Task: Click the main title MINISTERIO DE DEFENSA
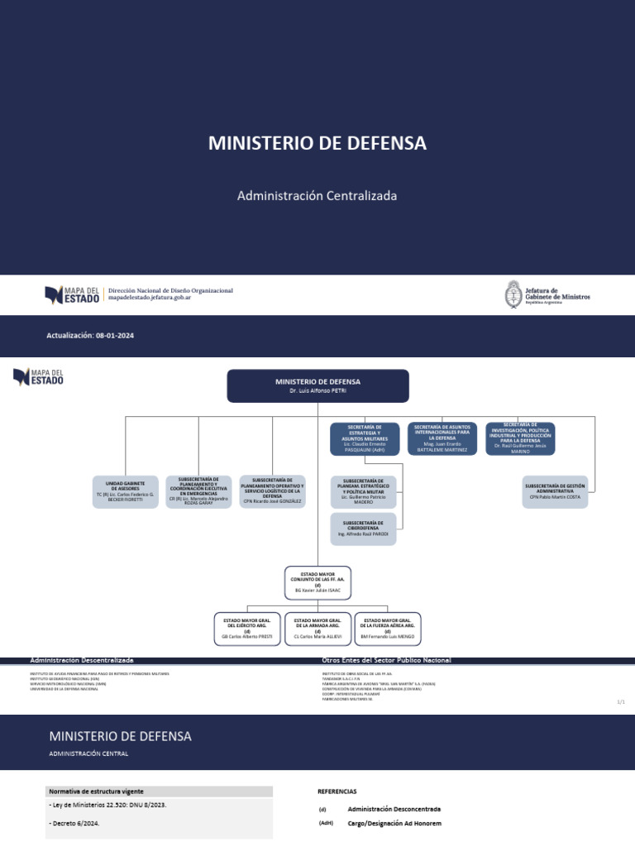point(317,143)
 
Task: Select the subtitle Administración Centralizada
point(317,196)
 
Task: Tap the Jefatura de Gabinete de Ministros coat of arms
point(513,295)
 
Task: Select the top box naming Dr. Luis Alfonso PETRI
point(317,385)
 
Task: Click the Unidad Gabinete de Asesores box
point(125,491)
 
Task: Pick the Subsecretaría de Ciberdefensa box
point(363,529)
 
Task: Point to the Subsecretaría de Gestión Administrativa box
point(556,490)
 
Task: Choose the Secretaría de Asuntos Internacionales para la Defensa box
point(442,438)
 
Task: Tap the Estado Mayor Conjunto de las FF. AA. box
point(317,582)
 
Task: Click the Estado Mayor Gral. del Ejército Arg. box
point(247,629)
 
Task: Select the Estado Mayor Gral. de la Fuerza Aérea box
point(387,629)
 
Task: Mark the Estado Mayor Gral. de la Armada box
point(317,629)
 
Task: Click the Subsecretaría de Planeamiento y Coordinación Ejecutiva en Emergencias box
point(198,490)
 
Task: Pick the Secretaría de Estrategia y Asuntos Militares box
point(364,438)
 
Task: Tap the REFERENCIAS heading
point(337,791)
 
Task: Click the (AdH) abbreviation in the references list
point(326,824)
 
